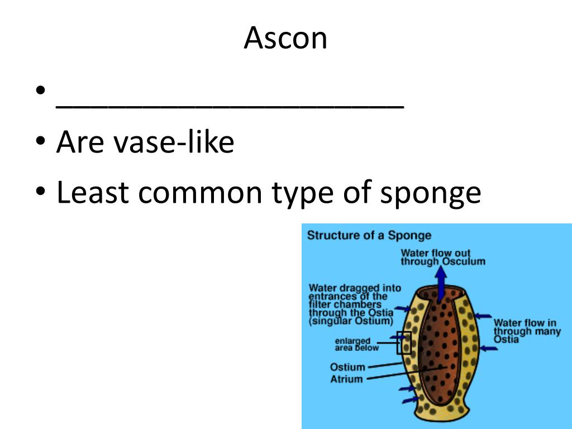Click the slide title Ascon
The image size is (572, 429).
point(285,38)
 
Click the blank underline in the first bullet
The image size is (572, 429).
point(229,107)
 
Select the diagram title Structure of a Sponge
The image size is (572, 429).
point(369,235)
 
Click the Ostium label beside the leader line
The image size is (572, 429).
point(347,367)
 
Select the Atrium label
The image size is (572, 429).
point(346,379)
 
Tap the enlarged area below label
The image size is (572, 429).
point(356,344)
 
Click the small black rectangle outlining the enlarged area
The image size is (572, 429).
point(404,342)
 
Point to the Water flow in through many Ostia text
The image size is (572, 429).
point(525,331)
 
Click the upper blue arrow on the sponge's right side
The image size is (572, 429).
point(483,316)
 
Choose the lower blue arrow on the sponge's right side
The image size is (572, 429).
point(488,349)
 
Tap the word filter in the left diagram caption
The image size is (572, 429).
point(321,304)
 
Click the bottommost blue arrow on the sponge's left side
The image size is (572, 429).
point(407,400)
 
